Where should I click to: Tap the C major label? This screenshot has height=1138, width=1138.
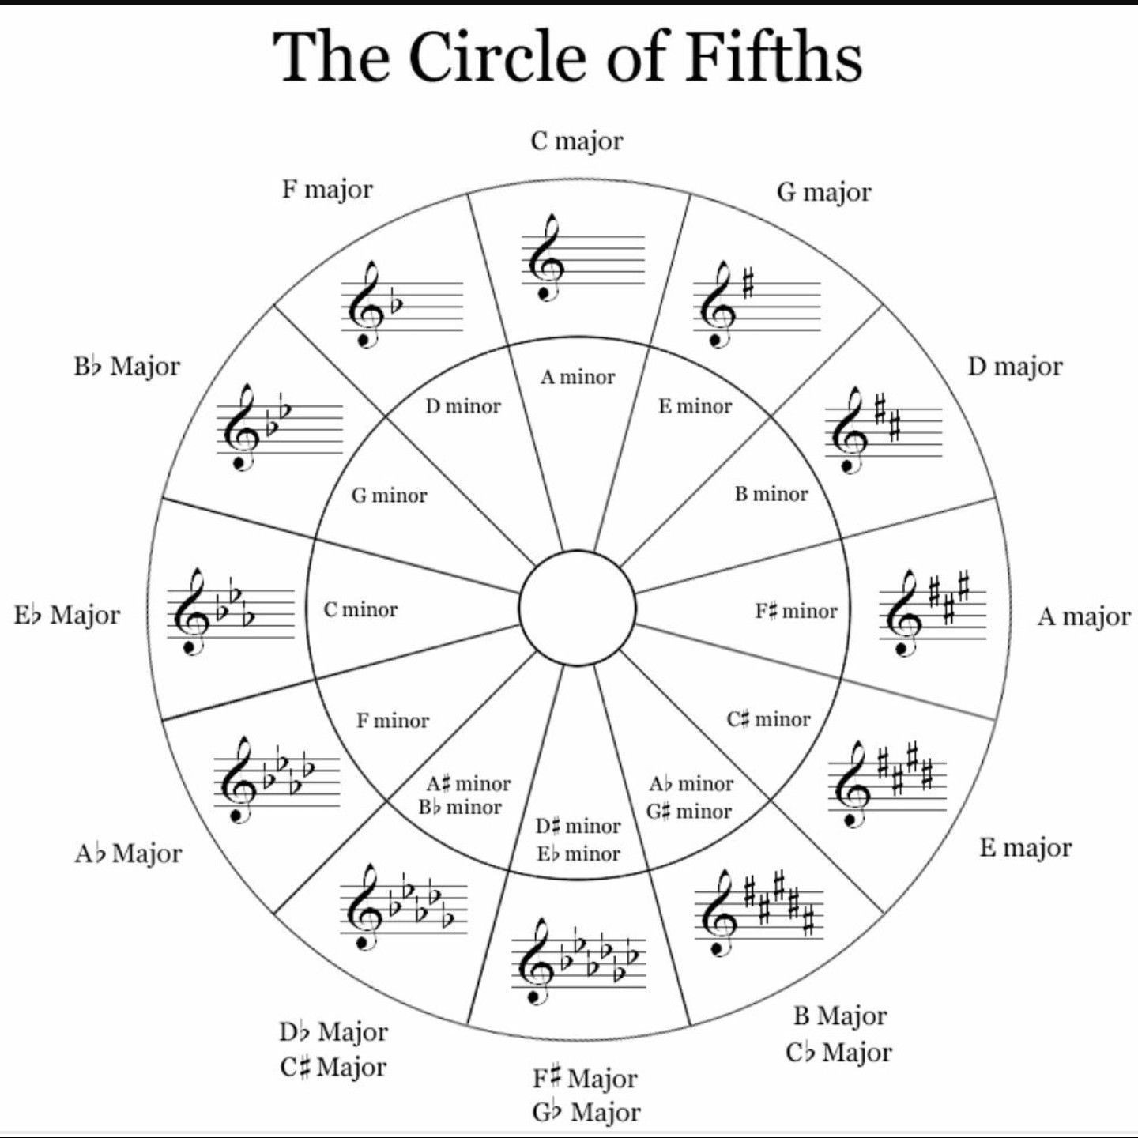click(x=577, y=141)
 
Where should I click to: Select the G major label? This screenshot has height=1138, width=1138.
click(x=823, y=192)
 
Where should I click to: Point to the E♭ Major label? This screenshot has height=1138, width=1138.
click(x=67, y=615)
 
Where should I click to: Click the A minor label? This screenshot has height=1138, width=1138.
click(x=578, y=378)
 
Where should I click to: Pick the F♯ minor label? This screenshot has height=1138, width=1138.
click(x=796, y=611)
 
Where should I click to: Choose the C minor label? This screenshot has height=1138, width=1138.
click(x=360, y=610)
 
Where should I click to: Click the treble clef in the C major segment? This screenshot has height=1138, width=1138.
click(x=545, y=258)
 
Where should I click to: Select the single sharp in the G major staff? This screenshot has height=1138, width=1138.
click(x=747, y=282)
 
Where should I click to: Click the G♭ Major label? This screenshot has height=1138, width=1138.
click(x=586, y=1113)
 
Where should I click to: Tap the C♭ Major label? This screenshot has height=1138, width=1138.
click(x=838, y=1053)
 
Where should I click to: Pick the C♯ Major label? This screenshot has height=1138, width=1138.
click(x=333, y=1067)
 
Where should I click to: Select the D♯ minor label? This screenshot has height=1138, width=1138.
click(x=578, y=827)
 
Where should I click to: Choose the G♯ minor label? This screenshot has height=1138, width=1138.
click(x=689, y=812)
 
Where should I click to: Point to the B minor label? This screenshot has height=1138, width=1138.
click(x=771, y=495)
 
